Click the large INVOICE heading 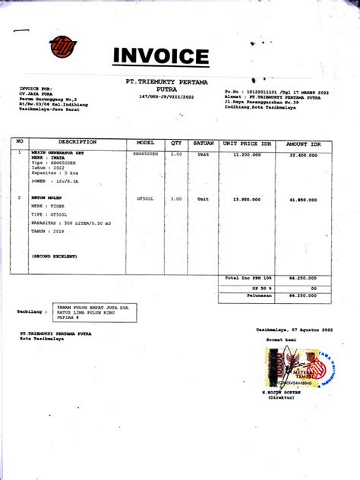click(x=160, y=56)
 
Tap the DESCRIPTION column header click(x=77, y=142)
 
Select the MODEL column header click(x=146, y=143)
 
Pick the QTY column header click(x=176, y=143)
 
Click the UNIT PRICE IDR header click(x=247, y=144)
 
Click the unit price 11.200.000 click(x=247, y=154)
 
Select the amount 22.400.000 click(x=302, y=154)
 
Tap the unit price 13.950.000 click(x=247, y=199)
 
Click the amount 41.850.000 click(x=302, y=199)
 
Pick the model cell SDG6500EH click(x=146, y=153)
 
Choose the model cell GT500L click(x=145, y=198)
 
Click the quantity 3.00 click(x=176, y=198)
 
